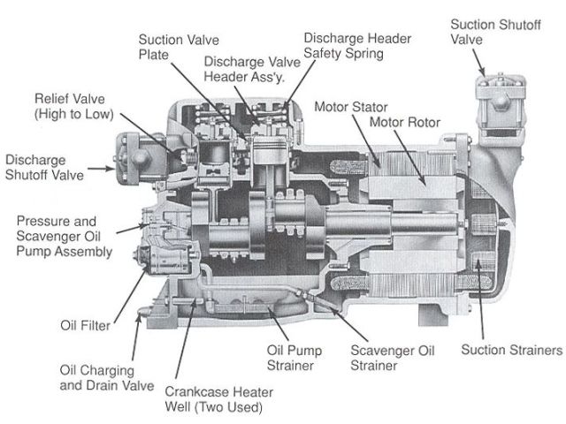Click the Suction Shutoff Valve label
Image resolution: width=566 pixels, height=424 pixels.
coord(494,31)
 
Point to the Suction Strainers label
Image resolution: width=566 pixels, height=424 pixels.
coord(512,350)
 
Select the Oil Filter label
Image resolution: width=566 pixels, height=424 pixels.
coord(85,325)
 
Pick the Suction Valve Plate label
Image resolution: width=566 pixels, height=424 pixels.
coord(176,47)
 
